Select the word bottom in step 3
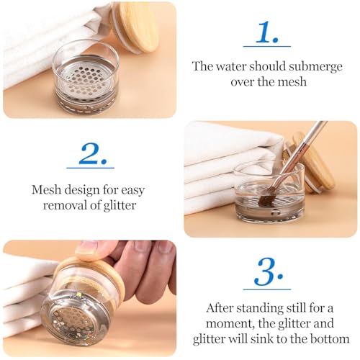pos(331,338)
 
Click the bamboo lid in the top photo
pos(138,26)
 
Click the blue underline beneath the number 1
pos(266,46)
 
